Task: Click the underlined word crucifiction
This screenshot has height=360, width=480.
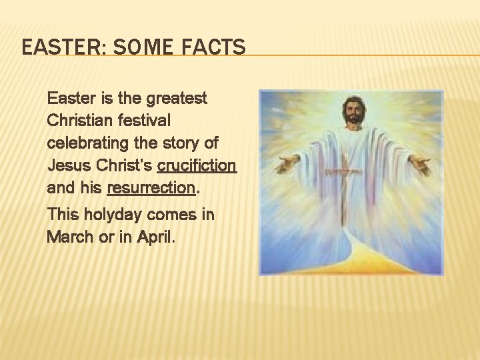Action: tap(197, 165)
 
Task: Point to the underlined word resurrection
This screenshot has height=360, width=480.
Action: tap(151, 187)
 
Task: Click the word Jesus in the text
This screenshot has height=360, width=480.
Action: tap(66, 165)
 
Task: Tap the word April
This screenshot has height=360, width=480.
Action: tap(157, 237)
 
